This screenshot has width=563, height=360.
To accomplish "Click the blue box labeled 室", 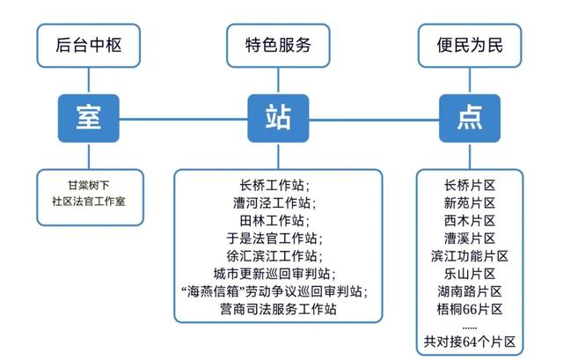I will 88,117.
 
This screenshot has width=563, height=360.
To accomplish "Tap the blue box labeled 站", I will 278,117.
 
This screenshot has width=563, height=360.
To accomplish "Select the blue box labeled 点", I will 470,117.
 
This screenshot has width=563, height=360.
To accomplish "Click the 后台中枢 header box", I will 88,43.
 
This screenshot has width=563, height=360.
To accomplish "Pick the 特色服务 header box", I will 278,43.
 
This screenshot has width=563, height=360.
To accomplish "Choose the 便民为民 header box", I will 470,43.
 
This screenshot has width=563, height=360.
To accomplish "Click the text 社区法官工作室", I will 89,202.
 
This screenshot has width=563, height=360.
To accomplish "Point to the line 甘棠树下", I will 89,186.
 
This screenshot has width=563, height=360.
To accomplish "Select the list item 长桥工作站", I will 274,186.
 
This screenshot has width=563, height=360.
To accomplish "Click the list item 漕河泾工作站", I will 274,203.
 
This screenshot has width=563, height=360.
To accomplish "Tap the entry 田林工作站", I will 274,221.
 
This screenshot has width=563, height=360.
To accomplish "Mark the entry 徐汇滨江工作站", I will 274,256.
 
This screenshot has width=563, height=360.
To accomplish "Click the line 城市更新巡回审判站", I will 274,274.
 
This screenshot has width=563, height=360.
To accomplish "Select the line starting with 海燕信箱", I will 274,291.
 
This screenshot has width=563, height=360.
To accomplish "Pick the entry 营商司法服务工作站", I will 274,309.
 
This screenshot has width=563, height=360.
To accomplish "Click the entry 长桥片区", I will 470,186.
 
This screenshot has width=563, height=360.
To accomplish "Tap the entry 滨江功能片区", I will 470,256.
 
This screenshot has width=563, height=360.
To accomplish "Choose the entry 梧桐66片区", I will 470,309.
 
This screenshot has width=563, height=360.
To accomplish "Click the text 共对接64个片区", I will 470,341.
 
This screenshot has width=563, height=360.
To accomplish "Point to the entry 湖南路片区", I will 470,291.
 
